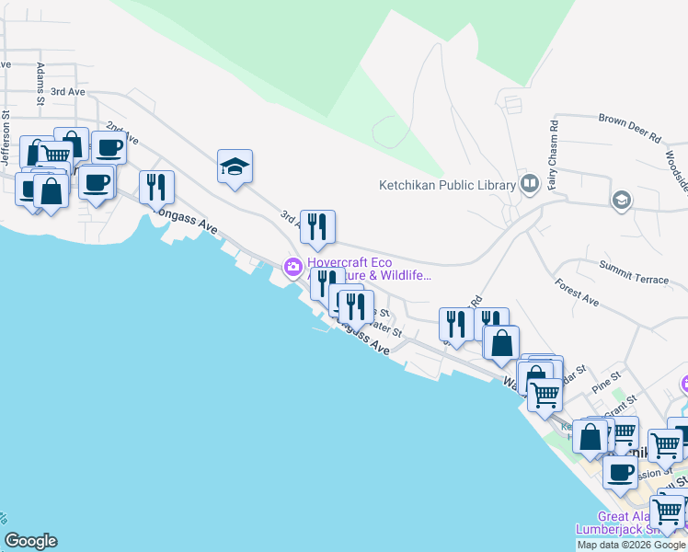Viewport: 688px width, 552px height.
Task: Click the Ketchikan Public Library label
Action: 447,185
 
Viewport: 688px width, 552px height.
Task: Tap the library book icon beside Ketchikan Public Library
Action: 529,184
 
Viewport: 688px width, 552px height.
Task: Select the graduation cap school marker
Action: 235,167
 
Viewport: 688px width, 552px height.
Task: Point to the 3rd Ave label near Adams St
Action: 67,92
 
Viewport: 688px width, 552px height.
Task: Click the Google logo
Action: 30,541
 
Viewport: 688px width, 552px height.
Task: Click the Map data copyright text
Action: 631,545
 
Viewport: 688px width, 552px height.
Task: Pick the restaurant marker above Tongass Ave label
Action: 156,187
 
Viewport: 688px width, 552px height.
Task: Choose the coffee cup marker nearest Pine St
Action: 621,472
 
